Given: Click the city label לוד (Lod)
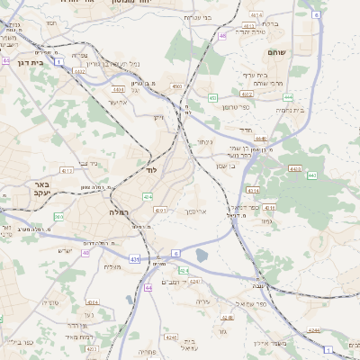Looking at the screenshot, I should pyautogui.click(x=151, y=169).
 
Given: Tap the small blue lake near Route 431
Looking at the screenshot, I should pyautogui.click(x=202, y=256).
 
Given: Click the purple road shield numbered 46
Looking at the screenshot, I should pyautogui.click(x=221, y=36).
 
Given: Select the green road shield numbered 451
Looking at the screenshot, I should pyautogui.click(x=212, y=96).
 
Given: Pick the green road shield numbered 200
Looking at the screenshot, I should pyautogui.click(x=58, y=217).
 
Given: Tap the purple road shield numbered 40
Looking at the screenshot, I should pyautogui.click(x=86, y=253).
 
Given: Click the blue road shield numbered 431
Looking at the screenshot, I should pyautogui.click(x=134, y=259).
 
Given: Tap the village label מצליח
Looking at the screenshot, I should pyautogui.click(x=112, y=265).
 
